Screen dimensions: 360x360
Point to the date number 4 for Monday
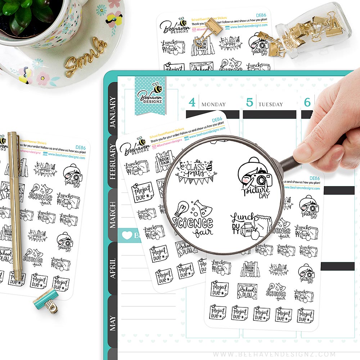click(192, 103)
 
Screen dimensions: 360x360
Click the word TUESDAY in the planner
click(270, 104)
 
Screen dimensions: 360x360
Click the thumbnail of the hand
click(302, 154)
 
